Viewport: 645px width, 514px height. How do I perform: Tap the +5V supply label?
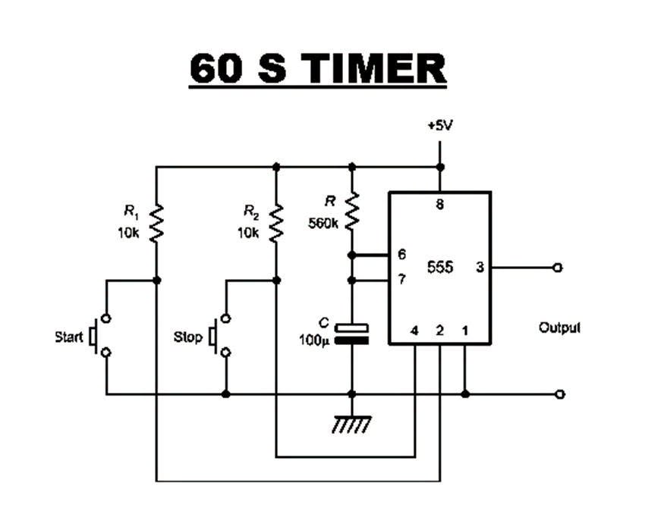(x=439, y=126)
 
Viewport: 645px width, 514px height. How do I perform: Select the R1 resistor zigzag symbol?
(x=156, y=224)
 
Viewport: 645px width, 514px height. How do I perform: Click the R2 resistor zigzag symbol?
(x=276, y=224)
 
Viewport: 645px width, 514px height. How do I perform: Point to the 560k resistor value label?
(x=323, y=224)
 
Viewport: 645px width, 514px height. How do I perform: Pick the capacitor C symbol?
(x=351, y=334)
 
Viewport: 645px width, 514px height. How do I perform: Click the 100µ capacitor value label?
(x=314, y=340)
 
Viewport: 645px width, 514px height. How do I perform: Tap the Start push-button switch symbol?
(x=101, y=335)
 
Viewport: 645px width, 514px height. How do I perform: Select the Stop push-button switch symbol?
(x=220, y=335)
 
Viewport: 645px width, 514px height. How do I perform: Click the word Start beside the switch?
(x=69, y=337)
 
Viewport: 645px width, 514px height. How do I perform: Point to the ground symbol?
(x=351, y=425)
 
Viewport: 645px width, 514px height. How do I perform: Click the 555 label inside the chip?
(x=439, y=267)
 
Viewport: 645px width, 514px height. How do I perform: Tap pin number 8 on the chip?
(x=439, y=204)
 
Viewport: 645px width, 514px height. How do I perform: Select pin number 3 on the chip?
(x=480, y=267)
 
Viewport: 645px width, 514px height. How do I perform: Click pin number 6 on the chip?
(x=402, y=254)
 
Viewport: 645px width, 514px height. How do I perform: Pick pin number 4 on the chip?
(x=414, y=331)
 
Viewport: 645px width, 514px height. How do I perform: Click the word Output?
(x=559, y=328)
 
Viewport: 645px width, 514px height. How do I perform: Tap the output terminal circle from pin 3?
(x=558, y=268)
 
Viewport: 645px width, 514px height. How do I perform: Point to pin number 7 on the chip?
(x=402, y=280)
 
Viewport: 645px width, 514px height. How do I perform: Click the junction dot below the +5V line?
(x=439, y=168)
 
